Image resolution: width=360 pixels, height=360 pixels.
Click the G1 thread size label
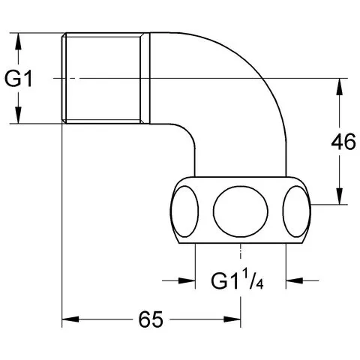[19, 79]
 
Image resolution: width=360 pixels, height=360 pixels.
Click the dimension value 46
[343, 142]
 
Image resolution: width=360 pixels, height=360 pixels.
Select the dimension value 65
[151, 319]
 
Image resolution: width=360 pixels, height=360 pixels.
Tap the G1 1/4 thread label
[237, 281]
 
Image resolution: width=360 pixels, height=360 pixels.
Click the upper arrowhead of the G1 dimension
[18, 41]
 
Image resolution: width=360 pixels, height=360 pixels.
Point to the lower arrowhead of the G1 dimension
[18, 115]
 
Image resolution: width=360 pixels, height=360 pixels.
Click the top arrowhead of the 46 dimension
[339, 87]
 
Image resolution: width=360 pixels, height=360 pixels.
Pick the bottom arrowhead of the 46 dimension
[339, 196]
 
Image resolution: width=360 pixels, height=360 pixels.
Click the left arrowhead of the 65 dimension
[70, 319]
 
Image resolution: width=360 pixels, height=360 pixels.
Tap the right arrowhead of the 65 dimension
[232, 319]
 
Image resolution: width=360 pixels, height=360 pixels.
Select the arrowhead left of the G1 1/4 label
[187, 280]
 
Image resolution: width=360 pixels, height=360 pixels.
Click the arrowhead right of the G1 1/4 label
[295, 280]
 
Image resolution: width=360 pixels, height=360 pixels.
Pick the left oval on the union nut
[184, 211]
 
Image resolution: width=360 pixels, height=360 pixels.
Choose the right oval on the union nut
[297, 211]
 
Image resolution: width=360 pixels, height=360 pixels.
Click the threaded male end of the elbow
[103, 78]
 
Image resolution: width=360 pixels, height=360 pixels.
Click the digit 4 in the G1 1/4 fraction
[260, 285]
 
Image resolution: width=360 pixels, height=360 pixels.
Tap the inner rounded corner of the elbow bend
[188, 130]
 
